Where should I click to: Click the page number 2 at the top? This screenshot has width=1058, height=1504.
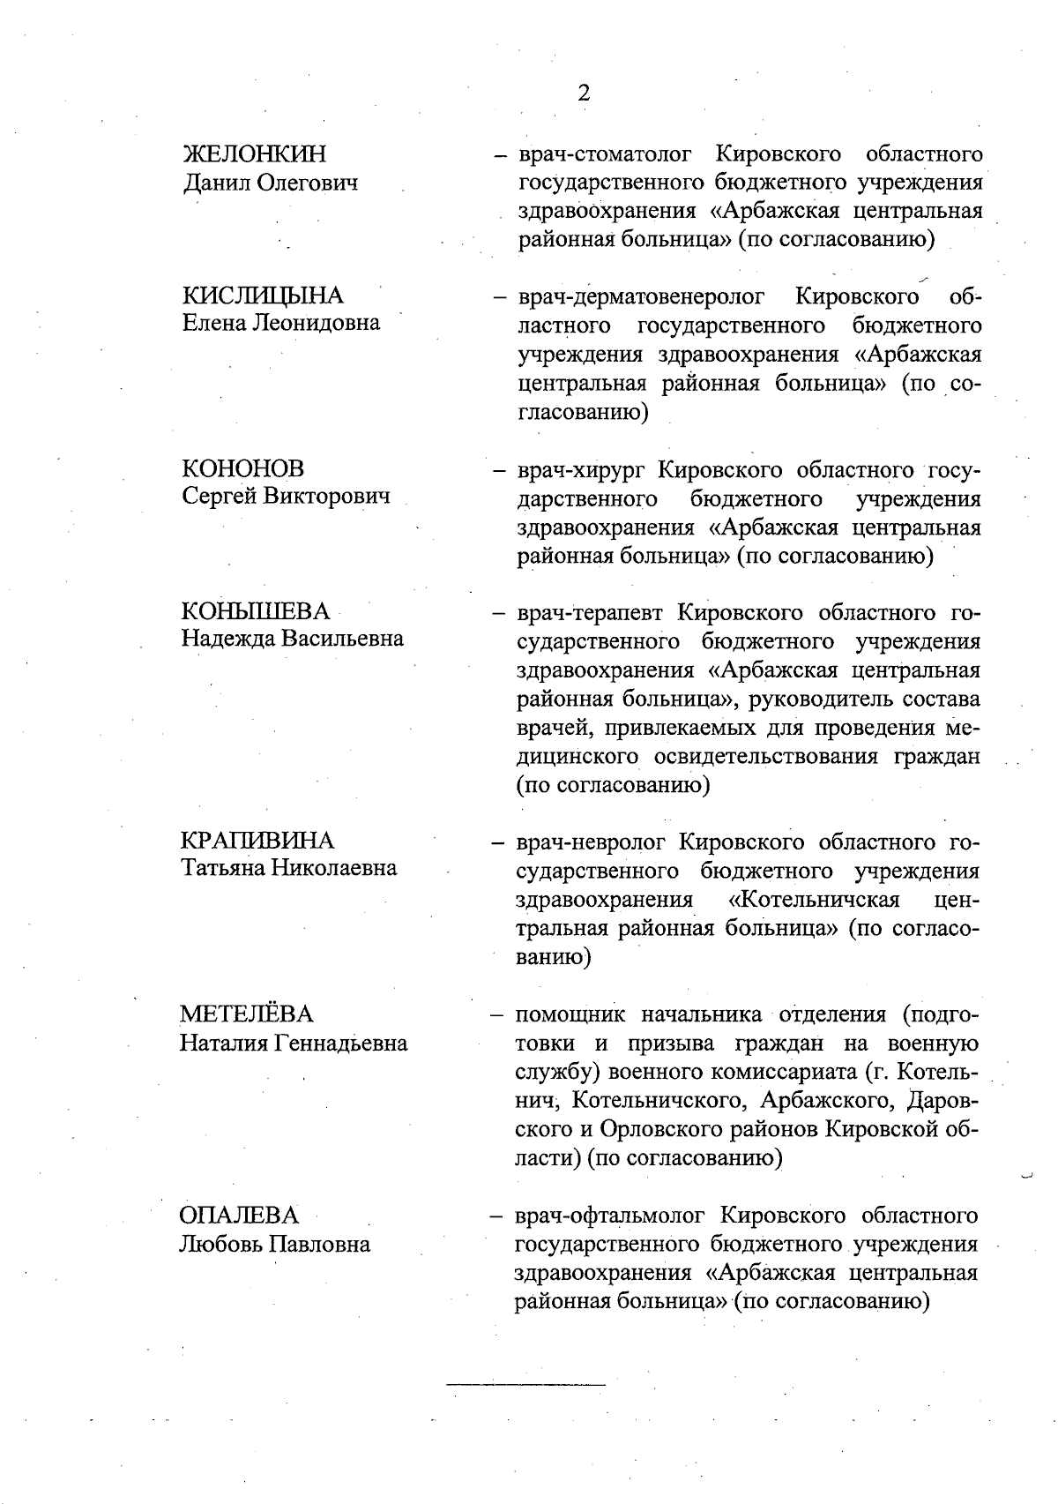(x=583, y=94)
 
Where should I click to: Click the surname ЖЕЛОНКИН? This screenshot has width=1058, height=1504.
(x=254, y=154)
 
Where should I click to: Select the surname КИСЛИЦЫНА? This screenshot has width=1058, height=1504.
(x=263, y=296)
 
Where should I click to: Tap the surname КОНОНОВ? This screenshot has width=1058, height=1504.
(x=242, y=468)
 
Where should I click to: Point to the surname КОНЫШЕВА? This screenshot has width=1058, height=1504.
(x=255, y=610)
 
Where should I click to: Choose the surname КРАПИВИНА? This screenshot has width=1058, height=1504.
(x=257, y=840)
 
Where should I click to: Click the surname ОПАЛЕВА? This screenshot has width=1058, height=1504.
(x=240, y=1216)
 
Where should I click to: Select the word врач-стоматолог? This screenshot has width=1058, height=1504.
(x=607, y=155)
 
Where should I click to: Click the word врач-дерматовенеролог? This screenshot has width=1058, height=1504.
(x=641, y=296)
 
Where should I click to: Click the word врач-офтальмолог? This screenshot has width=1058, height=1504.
(x=610, y=1216)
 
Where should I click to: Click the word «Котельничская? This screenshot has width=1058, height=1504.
(x=815, y=899)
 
